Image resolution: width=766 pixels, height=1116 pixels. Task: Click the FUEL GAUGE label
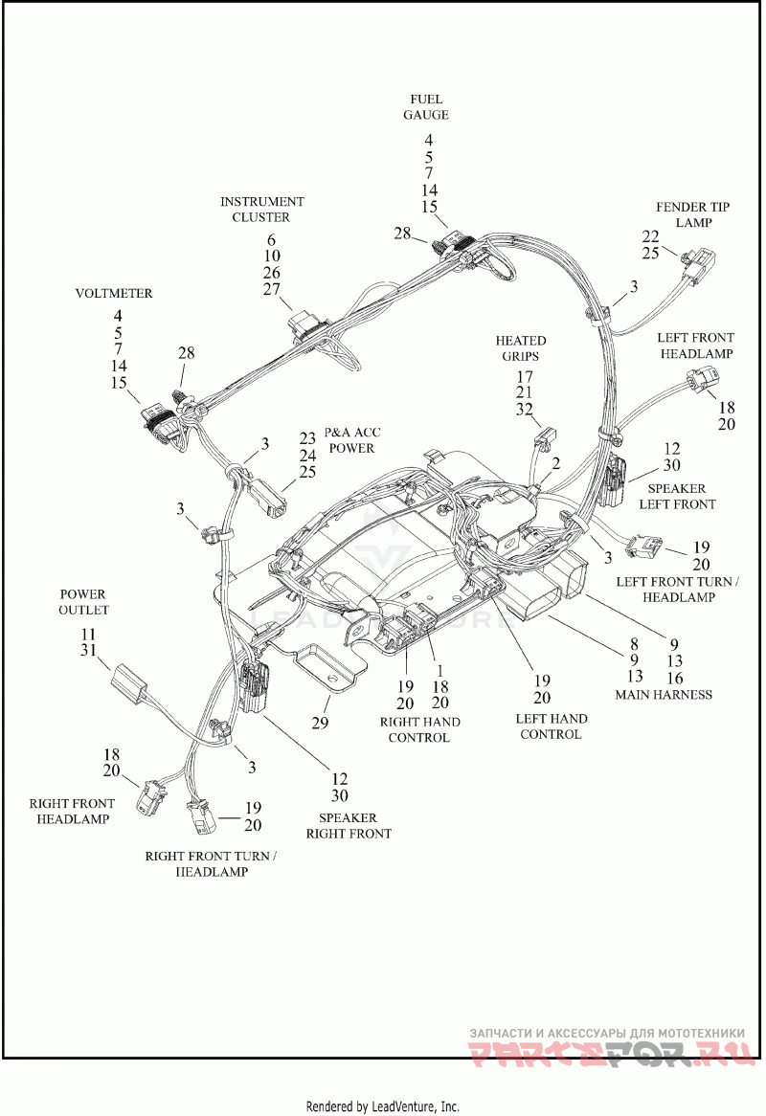click(x=426, y=107)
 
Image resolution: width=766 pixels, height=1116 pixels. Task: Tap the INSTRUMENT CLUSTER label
click(x=261, y=210)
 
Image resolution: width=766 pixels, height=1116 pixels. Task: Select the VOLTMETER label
click(x=114, y=293)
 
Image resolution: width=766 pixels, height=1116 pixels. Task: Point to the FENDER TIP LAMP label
click(x=692, y=214)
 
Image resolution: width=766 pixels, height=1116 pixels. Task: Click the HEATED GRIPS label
click(x=520, y=348)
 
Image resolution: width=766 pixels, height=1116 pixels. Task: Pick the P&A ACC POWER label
click(x=351, y=440)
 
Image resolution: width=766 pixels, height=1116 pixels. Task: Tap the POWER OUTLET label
click(x=83, y=602)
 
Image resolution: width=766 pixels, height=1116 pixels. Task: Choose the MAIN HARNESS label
click(x=664, y=695)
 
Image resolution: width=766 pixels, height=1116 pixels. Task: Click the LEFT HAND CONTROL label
click(x=551, y=726)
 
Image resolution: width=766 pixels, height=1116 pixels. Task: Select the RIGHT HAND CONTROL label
click(x=419, y=729)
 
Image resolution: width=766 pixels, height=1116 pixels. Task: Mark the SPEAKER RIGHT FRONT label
click(x=349, y=826)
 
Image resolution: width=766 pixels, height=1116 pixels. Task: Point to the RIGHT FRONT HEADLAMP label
click(x=72, y=812)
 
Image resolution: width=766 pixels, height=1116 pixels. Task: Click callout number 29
click(x=321, y=723)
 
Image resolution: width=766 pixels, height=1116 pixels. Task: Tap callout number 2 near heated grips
click(x=556, y=464)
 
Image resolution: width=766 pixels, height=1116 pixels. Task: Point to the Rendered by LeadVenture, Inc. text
click(x=383, y=1106)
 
